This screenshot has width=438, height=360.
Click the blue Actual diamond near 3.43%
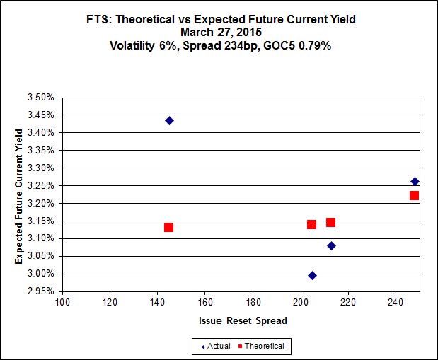(169, 120)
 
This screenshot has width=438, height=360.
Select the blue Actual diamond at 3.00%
(312, 275)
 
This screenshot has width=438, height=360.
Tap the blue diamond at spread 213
(331, 245)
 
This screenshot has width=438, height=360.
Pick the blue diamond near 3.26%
(415, 182)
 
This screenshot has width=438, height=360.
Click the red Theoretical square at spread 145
(168, 227)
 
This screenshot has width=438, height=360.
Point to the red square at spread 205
(311, 224)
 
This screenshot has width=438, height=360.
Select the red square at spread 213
(330, 222)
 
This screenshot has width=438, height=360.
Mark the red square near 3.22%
(414, 195)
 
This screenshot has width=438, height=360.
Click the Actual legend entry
(216, 346)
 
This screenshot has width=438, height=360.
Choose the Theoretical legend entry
(260, 346)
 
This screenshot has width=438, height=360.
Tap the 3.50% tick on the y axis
(41, 97)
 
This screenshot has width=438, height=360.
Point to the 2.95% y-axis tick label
(41, 291)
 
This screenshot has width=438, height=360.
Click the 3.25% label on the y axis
(41, 185)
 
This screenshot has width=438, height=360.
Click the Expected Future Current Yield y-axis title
(18, 192)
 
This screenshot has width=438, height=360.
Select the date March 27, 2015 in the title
(219, 32)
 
